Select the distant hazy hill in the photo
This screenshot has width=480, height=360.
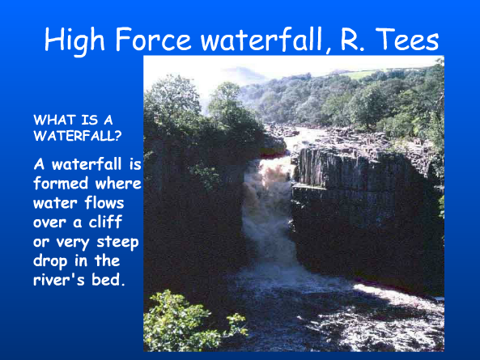point(243,74)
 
